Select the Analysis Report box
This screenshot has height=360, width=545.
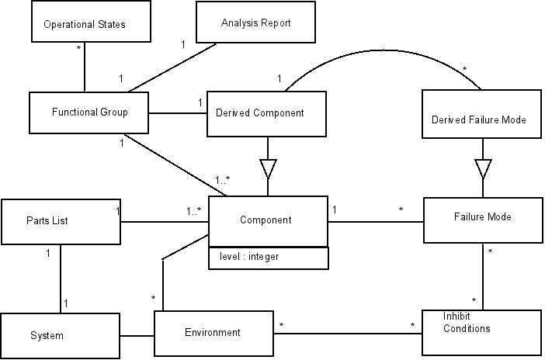point(255,22)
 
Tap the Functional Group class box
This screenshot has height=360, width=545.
point(89,112)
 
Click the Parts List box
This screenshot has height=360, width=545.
point(59,221)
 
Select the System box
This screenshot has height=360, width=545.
point(47,336)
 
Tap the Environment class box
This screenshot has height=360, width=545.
point(212,333)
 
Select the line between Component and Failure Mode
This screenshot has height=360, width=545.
point(376,222)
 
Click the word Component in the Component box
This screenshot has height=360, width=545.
point(266,220)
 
